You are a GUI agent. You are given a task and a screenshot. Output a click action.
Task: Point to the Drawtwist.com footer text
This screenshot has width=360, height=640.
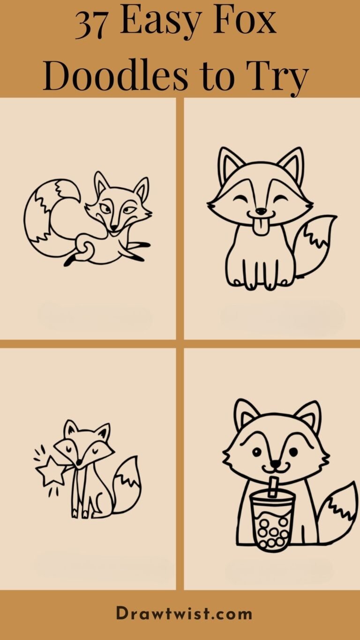184,614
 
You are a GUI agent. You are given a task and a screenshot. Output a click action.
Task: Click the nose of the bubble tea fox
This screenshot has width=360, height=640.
276,465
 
